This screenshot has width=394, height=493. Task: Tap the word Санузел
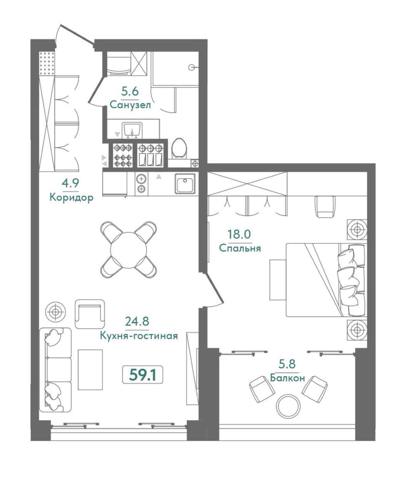(x=130, y=105)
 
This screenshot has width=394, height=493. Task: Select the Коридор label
(x=72, y=198)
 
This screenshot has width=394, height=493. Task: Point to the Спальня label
(x=240, y=248)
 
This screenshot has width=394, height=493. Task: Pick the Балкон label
(x=287, y=378)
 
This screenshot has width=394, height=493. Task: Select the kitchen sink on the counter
(x=185, y=184)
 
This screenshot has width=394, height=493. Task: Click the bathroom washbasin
(x=132, y=130)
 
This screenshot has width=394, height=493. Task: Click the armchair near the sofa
(x=90, y=314)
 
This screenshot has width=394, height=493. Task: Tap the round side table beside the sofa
(x=55, y=312)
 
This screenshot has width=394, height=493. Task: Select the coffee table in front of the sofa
(x=90, y=369)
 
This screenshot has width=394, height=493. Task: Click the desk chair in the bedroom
(x=325, y=206)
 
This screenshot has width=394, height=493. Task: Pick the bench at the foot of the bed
(x=278, y=280)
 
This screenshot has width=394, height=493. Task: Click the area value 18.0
(x=239, y=234)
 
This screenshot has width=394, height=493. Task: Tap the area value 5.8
(x=287, y=364)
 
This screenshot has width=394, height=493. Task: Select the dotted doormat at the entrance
(x=47, y=63)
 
